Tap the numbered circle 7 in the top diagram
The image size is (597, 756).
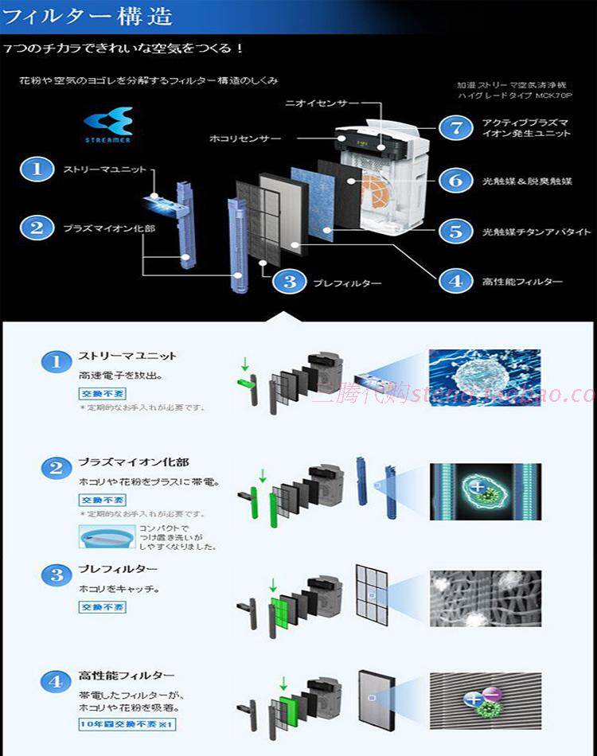click(x=455, y=127)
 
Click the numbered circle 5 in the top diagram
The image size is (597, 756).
click(x=455, y=231)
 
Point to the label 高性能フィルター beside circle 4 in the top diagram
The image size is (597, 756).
click(x=522, y=281)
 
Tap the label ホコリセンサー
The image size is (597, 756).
click(x=245, y=138)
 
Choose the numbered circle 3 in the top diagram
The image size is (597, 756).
click(x=290, y=282)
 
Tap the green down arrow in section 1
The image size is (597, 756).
click(x=245, y=367)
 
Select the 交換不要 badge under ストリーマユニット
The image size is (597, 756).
click(x=102, y=393)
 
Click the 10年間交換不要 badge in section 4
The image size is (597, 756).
click(x=126, y=724)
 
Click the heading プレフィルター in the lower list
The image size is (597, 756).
click(x=118, y=570)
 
